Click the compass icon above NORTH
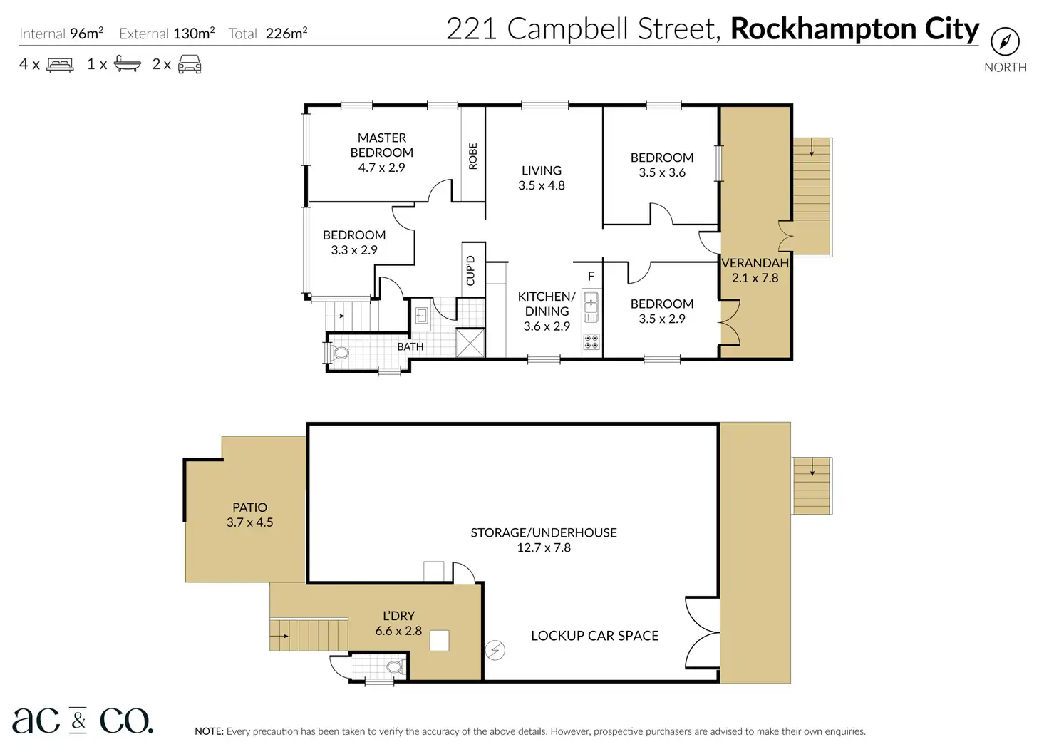[x=1005, y=41]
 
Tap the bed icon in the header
[x=60, y=65]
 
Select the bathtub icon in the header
[x=128, y=64]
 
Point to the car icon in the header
[x=190, y=65]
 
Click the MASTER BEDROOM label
[x=381, y=152]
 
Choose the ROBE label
[x=473, y=156]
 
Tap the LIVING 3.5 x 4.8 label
[x=542, y=177]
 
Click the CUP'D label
[x=470, y=271]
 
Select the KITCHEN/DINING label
[x=547, y=311]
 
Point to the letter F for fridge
[x=591, y=276]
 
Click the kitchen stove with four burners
[x=591, y=342]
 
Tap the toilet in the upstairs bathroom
[x=341, y=353]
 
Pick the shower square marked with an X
[x=470, y=343]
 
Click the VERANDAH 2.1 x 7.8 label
[x=755, y=270]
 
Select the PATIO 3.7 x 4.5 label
[x=249, y=515]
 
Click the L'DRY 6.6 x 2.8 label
[x=398, y=623]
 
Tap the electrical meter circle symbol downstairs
[x=495, y=649]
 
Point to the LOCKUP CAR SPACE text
[x=594, y=636]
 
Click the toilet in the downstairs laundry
[x=394, y=667]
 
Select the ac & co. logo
[x=83, y=720]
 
